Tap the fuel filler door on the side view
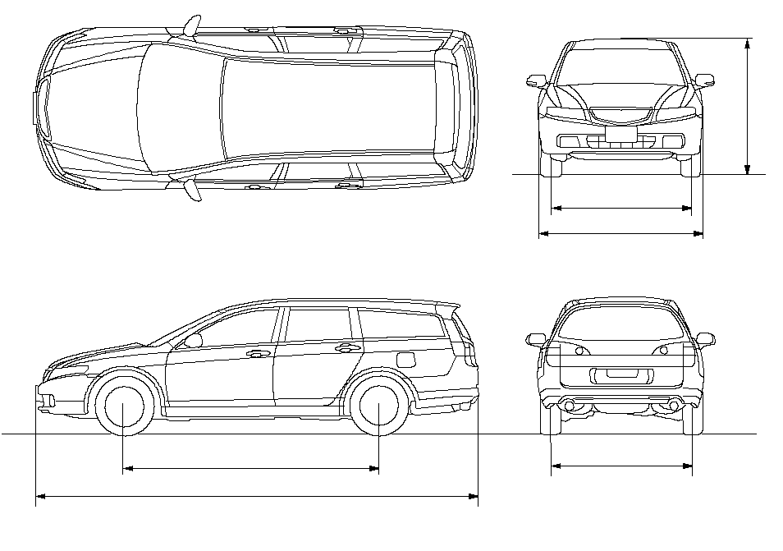(x=405, y=360)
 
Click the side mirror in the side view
(x=194, y=340)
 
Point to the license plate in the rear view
(x=620, y=374)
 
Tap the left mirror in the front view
(x=536, y=80)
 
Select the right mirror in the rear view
(x=705, y=338)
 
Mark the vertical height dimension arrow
(x=747, y=107)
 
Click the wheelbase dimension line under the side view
(x=250, y=469)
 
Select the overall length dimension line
(x=256, y=495)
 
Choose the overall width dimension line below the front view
(x=620, y=234)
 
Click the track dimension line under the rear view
(x=621, y=466)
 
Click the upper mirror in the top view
(x=191, y=26)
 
